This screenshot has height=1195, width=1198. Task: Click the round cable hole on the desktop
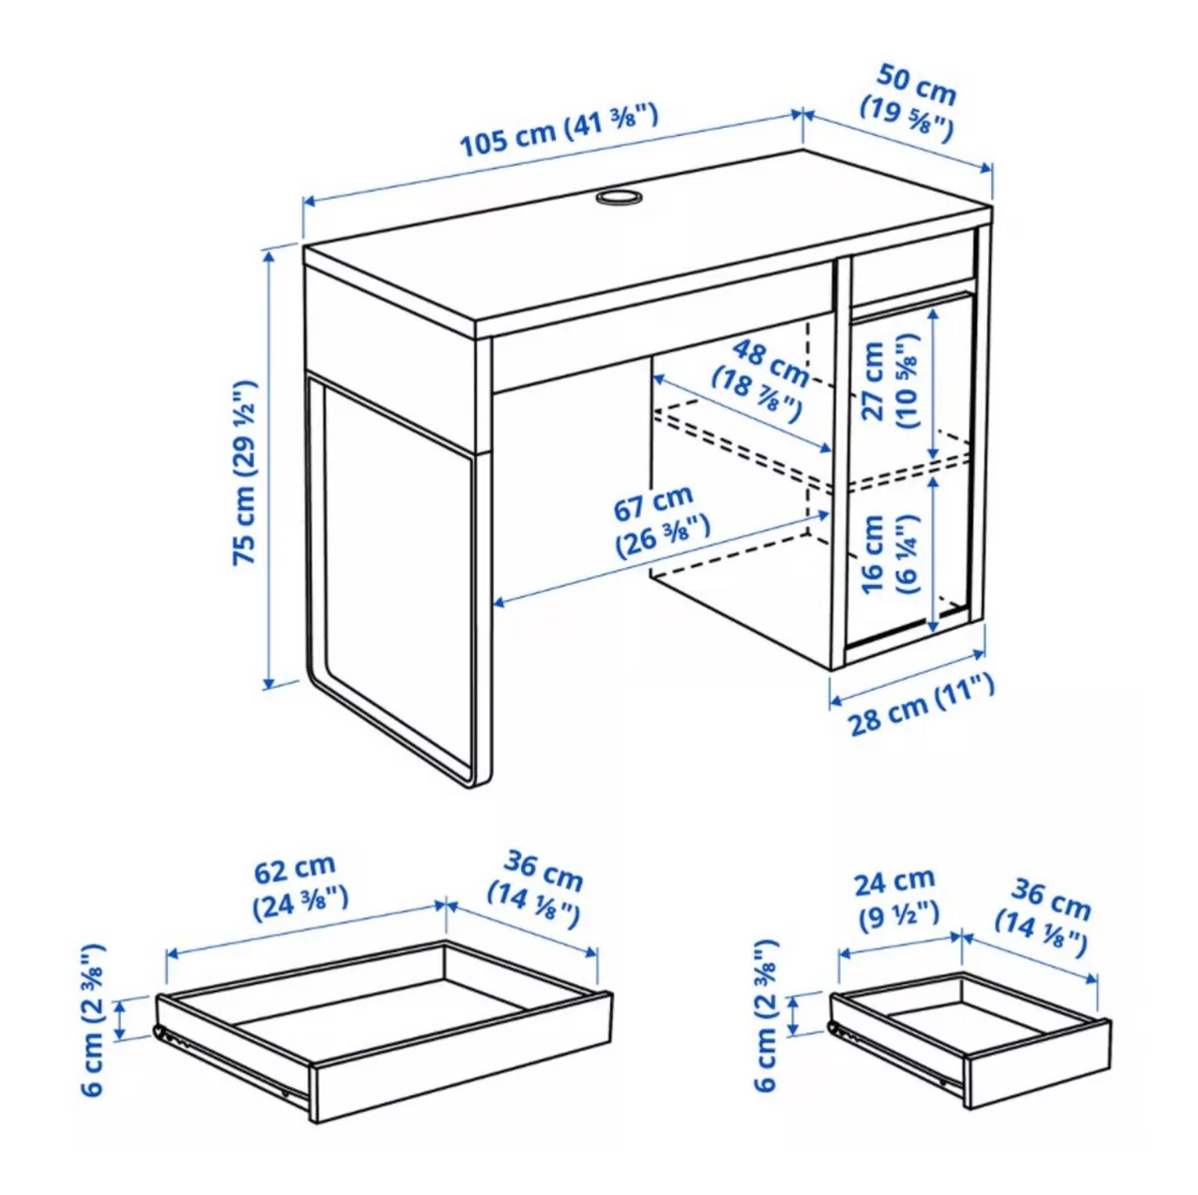(619, 197)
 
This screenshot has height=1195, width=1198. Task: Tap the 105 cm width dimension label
(558, 132)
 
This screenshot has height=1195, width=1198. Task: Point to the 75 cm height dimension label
(246, 471)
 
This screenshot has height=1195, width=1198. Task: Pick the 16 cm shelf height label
(886, 555)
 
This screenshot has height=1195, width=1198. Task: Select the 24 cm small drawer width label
(896, 896)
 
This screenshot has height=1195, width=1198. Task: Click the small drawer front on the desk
(911, 268)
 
